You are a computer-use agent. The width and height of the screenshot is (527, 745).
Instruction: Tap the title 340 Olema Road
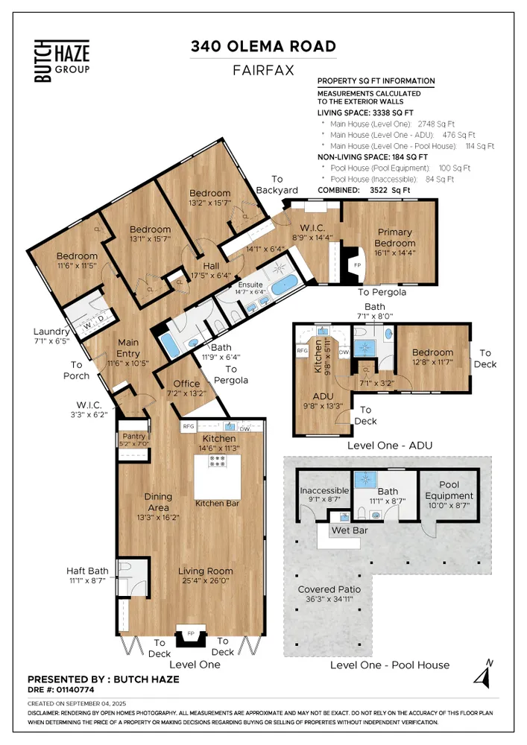(262, 47)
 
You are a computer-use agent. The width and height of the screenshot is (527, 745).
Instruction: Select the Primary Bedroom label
(395, 238)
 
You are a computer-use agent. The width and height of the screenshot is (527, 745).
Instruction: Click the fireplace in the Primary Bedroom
(356, 265)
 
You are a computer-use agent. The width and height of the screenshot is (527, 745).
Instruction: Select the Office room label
(187, 384)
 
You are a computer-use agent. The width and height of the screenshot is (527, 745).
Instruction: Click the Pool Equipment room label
(449, 490)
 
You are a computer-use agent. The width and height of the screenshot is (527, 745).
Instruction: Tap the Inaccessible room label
(324, 491)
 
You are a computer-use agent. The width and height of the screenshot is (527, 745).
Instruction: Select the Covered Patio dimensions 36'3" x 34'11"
(329, 600)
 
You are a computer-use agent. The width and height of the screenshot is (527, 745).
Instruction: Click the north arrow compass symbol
(484, 674)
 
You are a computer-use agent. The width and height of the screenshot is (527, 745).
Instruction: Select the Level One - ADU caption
(390, 446)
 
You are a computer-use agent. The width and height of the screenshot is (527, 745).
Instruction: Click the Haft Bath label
(87, 571)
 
